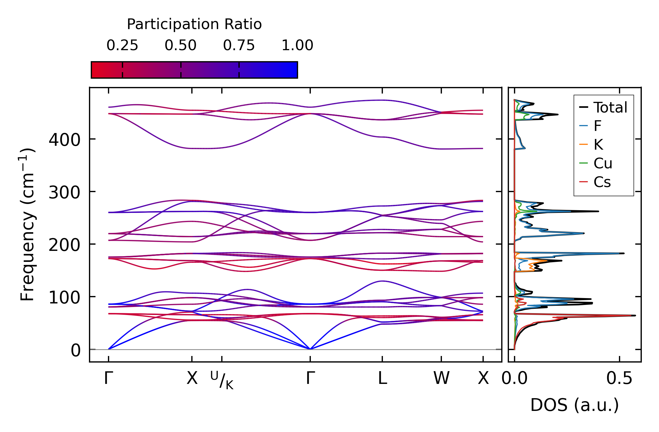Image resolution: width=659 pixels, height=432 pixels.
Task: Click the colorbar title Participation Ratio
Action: click(x=194, y=24)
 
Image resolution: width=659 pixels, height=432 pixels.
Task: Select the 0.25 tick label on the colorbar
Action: click(x=122, y=45)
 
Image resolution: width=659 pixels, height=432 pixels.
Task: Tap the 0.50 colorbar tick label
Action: click(x=181, y=45)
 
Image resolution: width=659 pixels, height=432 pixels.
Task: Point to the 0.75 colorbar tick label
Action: click(x=239, y=45)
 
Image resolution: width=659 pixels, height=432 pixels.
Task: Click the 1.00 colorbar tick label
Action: click(x=297, y=45)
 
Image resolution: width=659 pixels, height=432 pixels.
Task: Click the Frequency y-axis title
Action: click(x=28, y=224)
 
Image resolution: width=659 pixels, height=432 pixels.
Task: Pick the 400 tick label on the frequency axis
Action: click(x=64, y=140)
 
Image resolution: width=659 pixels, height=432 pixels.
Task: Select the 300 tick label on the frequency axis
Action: click(x=64, y=192)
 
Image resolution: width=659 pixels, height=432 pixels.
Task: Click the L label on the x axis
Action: click(x=383, y=378)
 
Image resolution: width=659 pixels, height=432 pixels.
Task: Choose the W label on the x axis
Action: click(x=442, y=378)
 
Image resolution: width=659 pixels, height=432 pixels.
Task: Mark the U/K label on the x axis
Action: click(x=222, y=380)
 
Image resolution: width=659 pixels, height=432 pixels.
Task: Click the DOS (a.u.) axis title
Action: click(x=575, y=405)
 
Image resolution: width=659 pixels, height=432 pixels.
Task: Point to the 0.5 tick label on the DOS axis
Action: click(x=619, y=378)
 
